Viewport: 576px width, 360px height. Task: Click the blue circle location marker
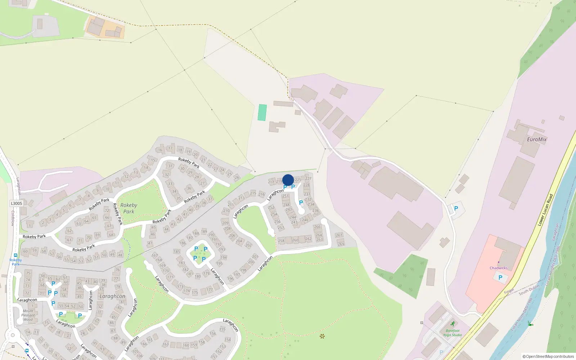pos(288,180)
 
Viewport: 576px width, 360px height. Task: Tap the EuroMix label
pos(536,139)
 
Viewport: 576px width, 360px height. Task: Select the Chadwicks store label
pos(499,268)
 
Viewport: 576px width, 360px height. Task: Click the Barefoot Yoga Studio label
pos(453,333)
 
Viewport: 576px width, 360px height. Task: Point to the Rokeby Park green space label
pos(129,208)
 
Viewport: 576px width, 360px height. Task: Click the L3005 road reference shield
pos(17,203)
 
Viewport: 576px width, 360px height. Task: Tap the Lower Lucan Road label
pos(545,210)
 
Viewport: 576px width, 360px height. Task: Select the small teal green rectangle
pos(262,112)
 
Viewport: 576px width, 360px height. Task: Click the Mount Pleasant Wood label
pos(28,315)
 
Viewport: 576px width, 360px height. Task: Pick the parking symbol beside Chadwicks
pos(500,278)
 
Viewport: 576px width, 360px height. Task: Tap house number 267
pos(339,235)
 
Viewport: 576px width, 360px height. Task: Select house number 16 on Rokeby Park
pos(160,150)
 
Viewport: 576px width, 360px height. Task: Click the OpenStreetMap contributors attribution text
pos(548,356)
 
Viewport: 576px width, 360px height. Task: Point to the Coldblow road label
pos(13,218)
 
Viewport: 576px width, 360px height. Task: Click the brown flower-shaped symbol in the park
pos(322,336)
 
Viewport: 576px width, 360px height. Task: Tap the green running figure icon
pos(453,324)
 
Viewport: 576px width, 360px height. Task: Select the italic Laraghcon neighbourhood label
pos(112,296)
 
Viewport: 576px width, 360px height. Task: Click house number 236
pos(315,211)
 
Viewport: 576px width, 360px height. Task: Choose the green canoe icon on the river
pos(530,324)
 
